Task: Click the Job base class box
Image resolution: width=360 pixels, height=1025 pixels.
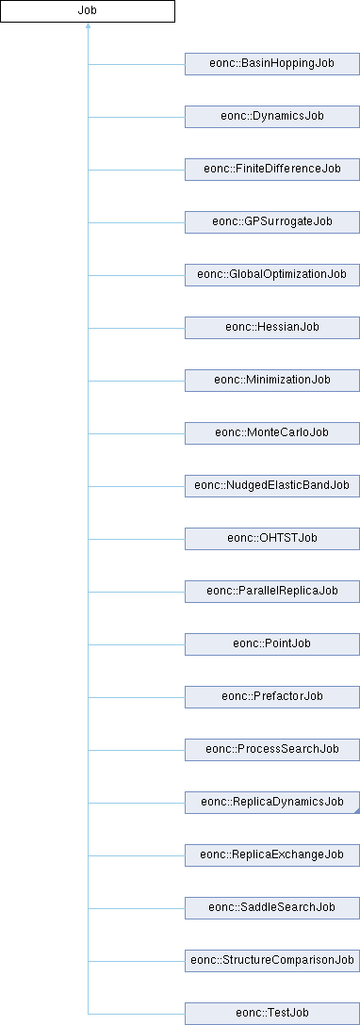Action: tap(88, 11)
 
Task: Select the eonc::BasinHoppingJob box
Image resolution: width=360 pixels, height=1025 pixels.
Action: tap(271, 64)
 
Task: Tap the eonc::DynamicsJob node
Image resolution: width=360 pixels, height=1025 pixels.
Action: tap(271, 117)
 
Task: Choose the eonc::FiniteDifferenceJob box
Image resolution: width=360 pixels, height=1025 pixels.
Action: tap(271, 170)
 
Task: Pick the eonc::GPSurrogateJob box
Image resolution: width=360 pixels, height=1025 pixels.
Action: tap(271, 221)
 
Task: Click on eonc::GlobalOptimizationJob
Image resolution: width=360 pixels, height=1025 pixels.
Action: tap(271, 274)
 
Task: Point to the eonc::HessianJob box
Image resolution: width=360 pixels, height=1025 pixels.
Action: tap(271, 327)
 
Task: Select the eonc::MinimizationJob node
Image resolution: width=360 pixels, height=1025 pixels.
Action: tap(271, 380)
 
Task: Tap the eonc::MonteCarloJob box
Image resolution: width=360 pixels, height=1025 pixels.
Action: tap(271, 432)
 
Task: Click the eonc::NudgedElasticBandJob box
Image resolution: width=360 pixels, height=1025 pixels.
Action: tap(271, 486)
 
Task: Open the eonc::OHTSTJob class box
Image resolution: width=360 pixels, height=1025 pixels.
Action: tap(271, 538)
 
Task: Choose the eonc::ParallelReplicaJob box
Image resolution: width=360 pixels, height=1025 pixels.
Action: tap(271, 591)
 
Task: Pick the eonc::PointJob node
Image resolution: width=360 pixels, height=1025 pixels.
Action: tap(271, 643)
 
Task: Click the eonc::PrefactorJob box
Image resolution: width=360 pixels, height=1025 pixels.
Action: tap(271, 696)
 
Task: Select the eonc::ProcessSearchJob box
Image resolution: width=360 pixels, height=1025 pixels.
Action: tap(271, 749)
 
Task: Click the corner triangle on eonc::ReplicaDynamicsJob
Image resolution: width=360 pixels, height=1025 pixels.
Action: tap(357, 809)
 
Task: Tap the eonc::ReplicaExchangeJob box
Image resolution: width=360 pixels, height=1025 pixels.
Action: tap(271, 854)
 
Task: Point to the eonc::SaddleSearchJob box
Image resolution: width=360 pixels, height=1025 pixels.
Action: tap(271, 907)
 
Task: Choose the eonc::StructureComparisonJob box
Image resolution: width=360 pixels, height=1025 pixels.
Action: tap(271, 960)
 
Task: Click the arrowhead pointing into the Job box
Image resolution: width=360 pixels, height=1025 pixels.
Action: tap(88, 26)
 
